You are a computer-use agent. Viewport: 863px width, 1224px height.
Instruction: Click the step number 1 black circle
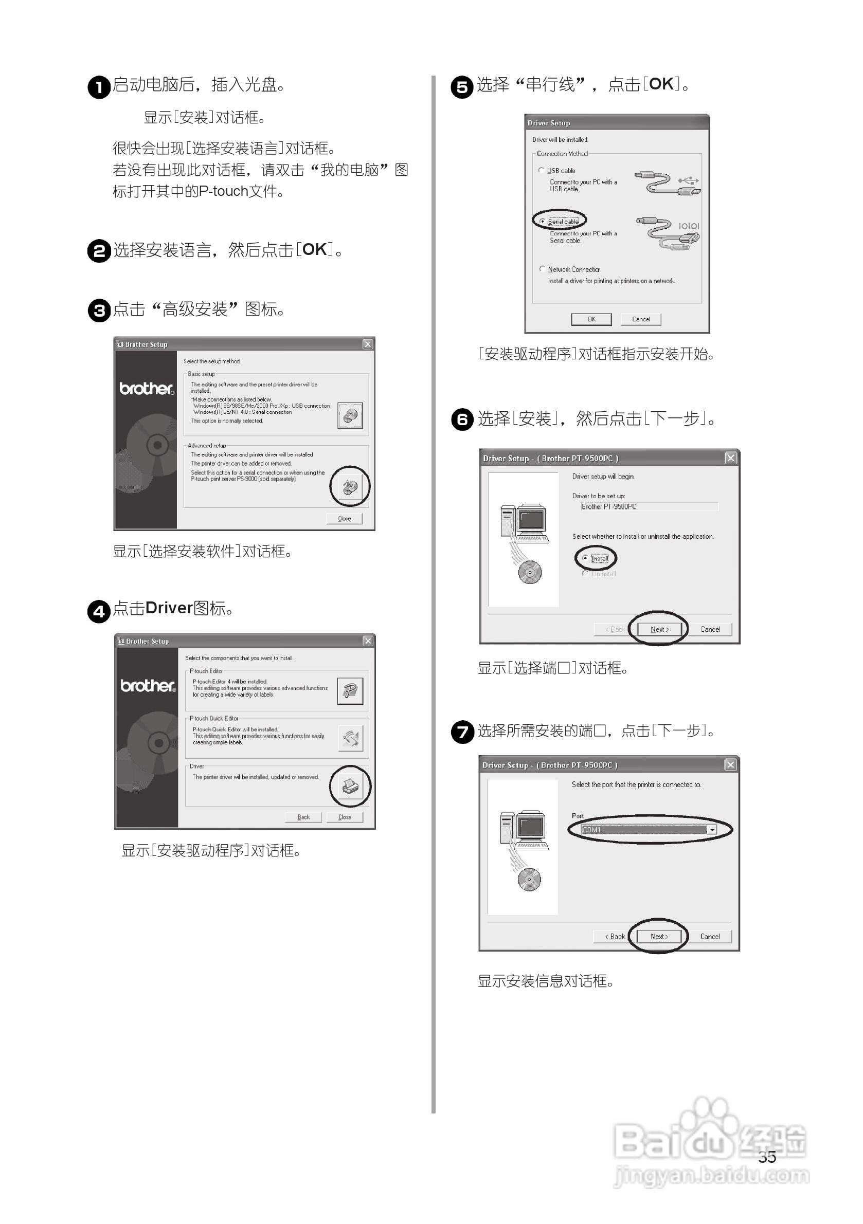click(99, 87)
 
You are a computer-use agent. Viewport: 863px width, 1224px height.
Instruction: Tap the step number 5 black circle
click(462, 87)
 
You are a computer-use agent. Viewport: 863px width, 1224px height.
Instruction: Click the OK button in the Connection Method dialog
click(591, 319)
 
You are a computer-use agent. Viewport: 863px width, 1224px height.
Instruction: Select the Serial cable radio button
click(543, 221)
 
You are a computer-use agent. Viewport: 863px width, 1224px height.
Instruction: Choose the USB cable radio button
click(542, 171)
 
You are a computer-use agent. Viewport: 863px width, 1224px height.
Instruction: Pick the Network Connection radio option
click(543, 269)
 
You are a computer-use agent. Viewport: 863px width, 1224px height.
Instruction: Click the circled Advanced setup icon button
click(350, 486)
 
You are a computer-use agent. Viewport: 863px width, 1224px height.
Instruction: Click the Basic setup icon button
click(350, 416)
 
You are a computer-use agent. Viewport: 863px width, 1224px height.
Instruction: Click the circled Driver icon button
click(350, 786)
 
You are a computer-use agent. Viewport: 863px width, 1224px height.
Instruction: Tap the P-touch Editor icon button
click(350, 691)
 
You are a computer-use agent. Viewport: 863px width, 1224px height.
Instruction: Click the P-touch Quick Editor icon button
click(350, 738)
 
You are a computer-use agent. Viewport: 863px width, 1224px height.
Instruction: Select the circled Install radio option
click(586, 558)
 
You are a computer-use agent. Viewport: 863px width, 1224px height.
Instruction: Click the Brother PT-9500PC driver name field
click(649, 506)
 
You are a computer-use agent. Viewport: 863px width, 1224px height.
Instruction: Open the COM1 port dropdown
click(711, 830)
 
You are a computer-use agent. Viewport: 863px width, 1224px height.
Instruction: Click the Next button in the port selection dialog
click(659, 937)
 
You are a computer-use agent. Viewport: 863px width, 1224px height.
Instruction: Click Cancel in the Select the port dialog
click(709, 937)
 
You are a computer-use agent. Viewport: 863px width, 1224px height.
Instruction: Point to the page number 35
click(766, 1157)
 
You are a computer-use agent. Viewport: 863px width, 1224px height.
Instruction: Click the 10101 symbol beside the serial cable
click(689, 226)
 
